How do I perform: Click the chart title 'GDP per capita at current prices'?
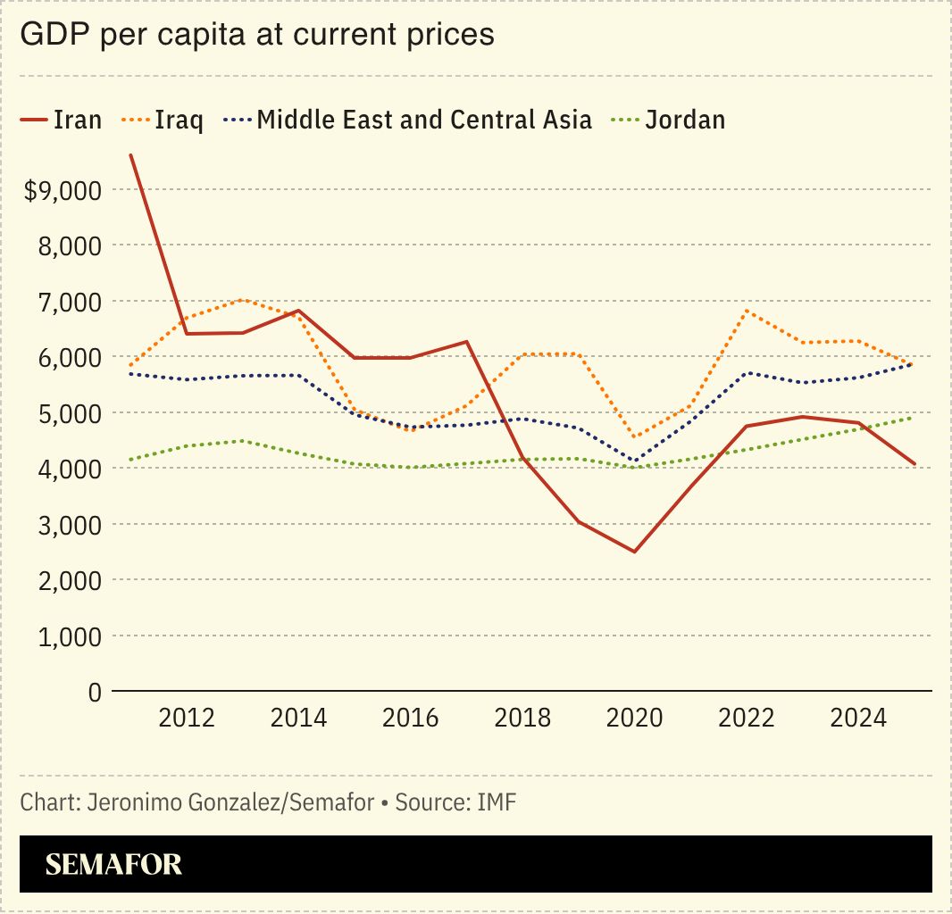256,34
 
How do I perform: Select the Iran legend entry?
61,120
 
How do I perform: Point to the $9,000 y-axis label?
62,190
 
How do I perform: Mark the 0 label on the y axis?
94,692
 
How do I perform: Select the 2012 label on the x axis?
187,719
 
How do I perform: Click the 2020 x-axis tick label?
635,719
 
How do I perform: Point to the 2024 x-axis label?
858,719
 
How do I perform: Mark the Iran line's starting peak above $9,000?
131,155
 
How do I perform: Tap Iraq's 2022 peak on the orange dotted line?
747,311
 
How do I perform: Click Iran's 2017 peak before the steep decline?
467,341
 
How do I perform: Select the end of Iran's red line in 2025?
914,464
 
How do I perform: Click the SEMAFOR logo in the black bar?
113,864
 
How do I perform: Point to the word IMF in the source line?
497,802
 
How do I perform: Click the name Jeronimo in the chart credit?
127,802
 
